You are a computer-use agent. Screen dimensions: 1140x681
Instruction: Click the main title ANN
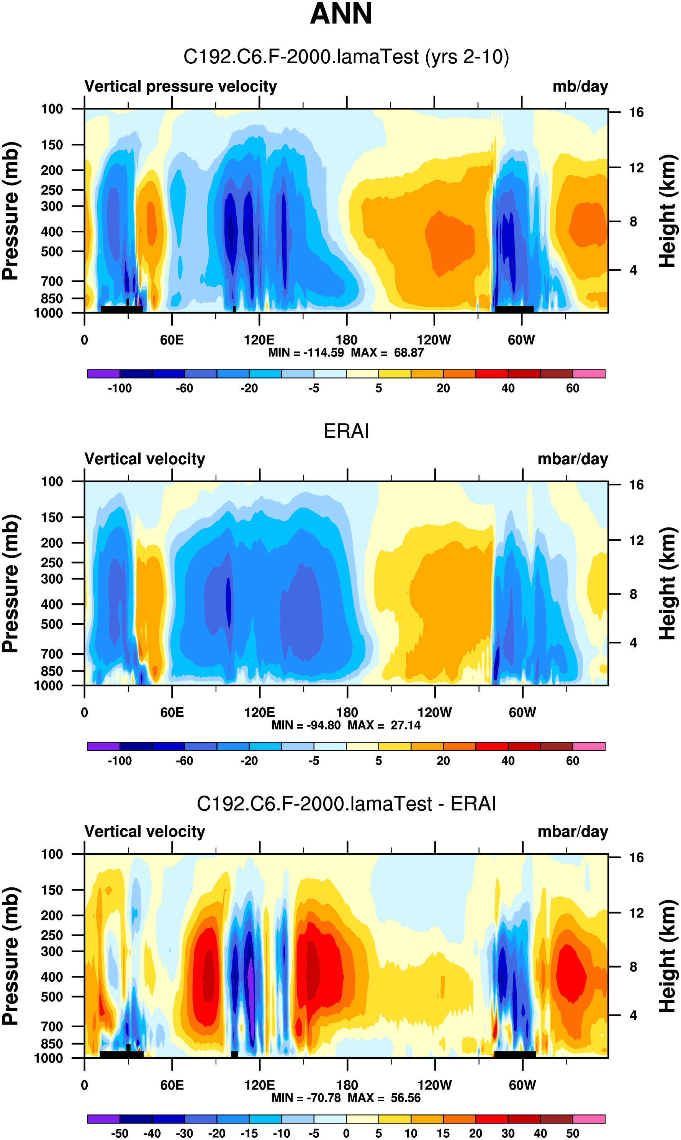(340, 14)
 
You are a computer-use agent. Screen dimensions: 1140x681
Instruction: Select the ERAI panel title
(346, 431)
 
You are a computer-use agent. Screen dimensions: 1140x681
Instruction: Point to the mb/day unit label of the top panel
(580, 86)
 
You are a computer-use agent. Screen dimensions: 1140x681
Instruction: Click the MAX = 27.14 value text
(384, 725)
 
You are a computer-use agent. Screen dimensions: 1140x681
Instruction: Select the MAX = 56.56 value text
(384, 1098)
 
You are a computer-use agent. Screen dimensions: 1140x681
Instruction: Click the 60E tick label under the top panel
(172, 340)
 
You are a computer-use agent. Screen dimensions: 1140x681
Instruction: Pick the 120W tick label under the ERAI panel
(435, 713)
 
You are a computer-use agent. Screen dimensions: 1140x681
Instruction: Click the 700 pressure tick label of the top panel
(52, 281)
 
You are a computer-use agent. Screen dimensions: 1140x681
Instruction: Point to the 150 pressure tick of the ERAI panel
(52, 517)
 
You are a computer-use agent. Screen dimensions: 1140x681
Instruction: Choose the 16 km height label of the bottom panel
(636, 857)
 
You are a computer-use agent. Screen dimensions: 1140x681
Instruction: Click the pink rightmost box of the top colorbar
(589, 374)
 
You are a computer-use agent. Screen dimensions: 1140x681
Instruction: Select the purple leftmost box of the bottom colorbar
(103, 1119)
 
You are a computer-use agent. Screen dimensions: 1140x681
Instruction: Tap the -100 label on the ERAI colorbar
(120, 761)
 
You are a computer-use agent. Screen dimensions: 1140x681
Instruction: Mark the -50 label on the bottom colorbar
(120, 1133)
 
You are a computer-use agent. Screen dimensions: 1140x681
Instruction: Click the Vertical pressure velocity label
(180, 86)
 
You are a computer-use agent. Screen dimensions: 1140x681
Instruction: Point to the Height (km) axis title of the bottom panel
(668, 956)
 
